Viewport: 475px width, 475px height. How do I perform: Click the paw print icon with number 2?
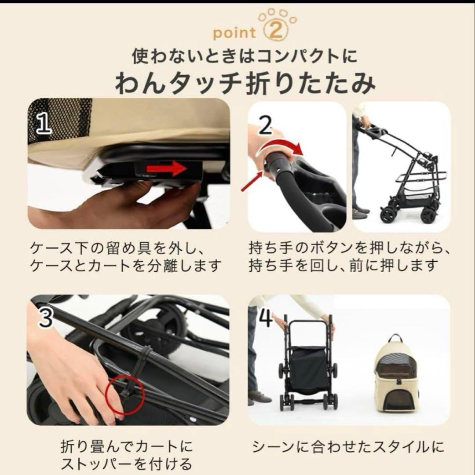coord(278,27)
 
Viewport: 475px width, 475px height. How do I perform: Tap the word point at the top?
coord(234,33)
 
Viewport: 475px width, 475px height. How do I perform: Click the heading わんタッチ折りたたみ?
coord(245,84)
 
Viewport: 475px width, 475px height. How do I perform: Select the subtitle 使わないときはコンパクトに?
coord(245,56)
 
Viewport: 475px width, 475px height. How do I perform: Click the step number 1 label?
coord(44,124)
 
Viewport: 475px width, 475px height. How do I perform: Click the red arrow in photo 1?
coord(166,168)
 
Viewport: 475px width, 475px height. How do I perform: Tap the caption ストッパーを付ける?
coord(126,464)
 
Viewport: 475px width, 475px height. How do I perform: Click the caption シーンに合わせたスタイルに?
coord(348,447)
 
